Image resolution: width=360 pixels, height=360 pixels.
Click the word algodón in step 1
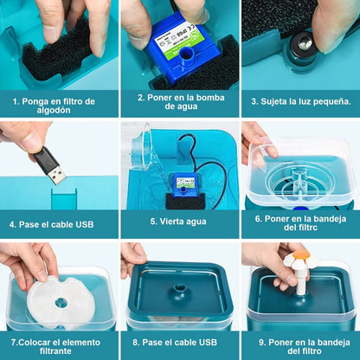coord(54,111)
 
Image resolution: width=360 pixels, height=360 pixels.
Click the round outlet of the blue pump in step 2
coord(186,55)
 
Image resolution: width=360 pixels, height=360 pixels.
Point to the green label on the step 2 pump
coord(175,40)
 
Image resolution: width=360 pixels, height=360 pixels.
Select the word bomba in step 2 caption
coord(211,98)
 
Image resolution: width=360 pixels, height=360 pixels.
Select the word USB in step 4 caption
coord(85,224)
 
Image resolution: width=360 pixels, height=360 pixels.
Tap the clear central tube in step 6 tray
coord(299,179)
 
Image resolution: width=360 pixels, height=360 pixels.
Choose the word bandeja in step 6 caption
coord(331,219)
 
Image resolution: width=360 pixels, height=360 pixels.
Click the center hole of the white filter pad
coord(61,303)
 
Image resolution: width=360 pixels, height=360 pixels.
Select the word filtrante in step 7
coord(55,351)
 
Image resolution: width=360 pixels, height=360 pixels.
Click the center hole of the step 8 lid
coord(180,288)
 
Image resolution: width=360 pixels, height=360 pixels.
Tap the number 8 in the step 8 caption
coord(135,343)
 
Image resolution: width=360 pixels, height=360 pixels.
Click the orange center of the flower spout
coord(301,254)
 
